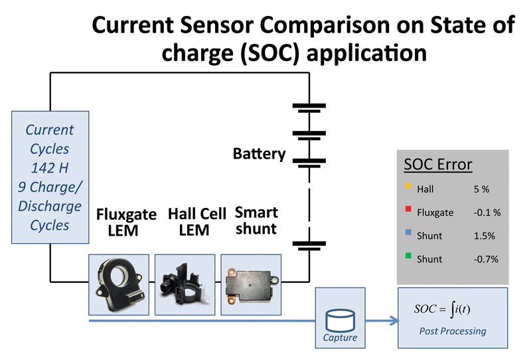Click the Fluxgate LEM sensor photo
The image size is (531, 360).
click(119, 285)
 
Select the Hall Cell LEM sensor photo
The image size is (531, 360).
click(185, 285)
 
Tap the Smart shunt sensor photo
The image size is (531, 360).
click(251, 285)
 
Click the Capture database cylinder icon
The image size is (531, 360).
click(340, 320)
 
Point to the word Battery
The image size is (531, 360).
click(259, 154)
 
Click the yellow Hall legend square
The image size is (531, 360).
click(408, 185)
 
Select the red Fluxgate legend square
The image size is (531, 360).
click(408, 209)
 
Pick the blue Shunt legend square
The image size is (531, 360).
click(408, 232)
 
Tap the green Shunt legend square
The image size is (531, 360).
click(408, 256)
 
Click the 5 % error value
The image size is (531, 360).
click(482, 189)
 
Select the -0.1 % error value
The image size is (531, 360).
click(487, 213)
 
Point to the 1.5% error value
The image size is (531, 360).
click(485, 236)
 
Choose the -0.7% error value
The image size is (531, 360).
click(486, 259)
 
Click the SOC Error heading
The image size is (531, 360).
click(438, 165)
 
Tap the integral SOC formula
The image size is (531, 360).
click(442, 309)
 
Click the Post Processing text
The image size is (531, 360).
click(453, 331)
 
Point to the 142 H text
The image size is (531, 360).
click(50, 168)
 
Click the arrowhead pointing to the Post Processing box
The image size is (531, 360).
click(394, 321)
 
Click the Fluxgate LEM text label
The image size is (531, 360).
click(126, 223)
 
